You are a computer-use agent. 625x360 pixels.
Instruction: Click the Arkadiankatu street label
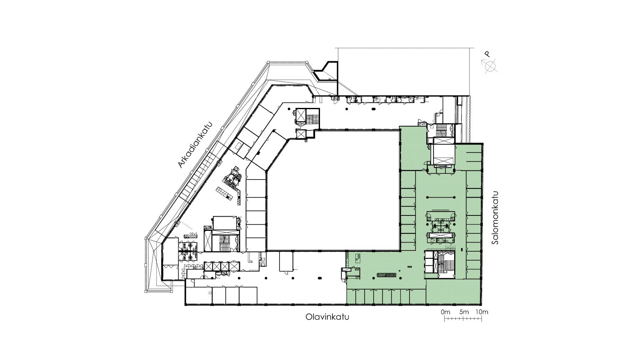pos(195,145)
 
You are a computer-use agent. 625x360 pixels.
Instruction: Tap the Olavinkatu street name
pos(327,317)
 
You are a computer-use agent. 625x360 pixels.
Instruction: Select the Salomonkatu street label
pos(495,217)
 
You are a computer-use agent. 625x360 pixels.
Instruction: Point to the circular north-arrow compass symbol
pos(490,66)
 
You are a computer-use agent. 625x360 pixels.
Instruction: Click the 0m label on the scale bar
pos(445,312)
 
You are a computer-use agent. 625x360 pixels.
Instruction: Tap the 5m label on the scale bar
pos(464,312)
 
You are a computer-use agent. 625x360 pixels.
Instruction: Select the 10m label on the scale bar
pos(482,312)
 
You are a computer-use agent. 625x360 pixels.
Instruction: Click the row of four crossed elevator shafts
pos(222,266)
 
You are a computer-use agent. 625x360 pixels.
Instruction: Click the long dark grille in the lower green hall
pos(386,275)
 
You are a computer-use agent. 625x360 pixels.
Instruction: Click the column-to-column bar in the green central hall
pos(441,197)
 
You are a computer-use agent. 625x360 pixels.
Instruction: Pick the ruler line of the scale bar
pos(463,318)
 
